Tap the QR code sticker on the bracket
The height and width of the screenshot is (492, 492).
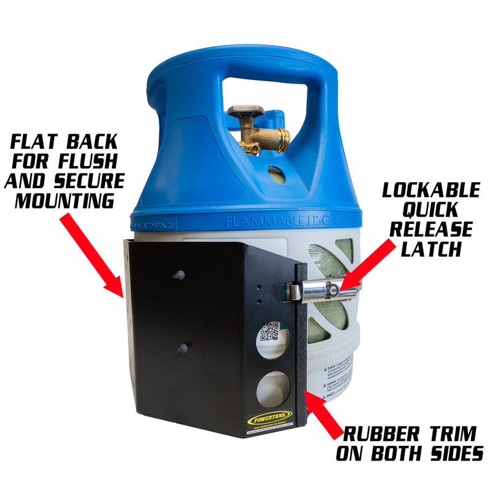click(269, 332)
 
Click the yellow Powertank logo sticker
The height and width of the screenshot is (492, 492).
click(265, 420)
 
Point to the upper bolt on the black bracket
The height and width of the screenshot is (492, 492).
click(180, 274)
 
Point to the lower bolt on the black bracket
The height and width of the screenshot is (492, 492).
click(182, 349)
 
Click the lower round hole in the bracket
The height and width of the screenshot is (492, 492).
click(272, 389)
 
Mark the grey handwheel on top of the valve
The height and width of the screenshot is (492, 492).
click(246, 113)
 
